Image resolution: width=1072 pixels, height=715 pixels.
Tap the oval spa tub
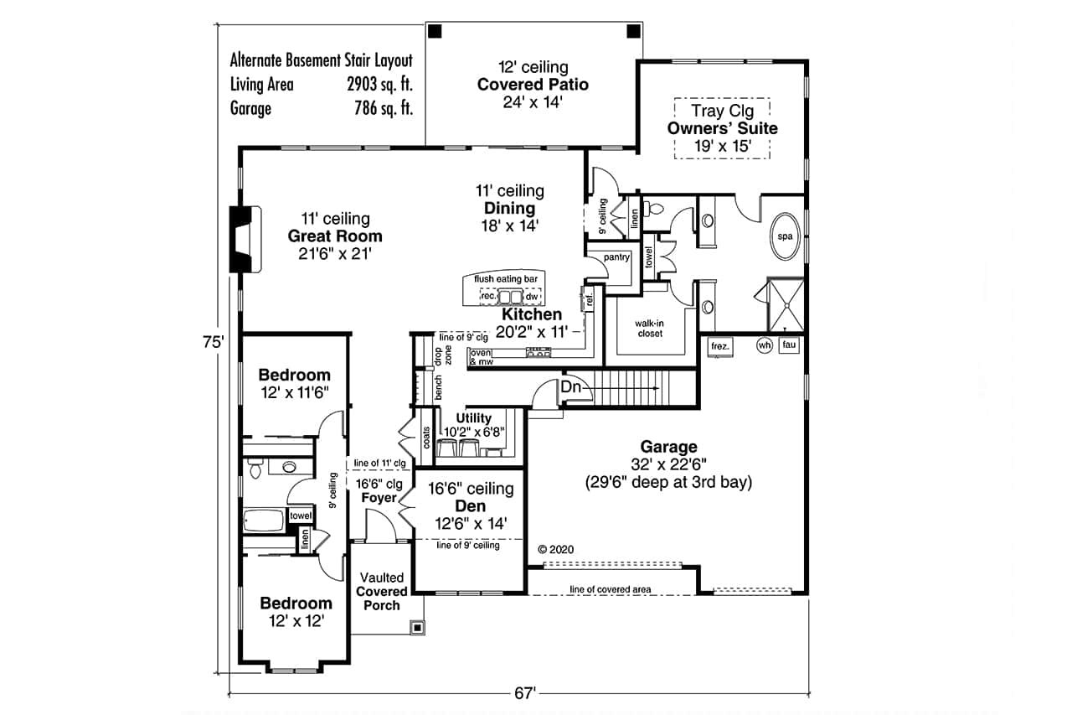tap(785, 236)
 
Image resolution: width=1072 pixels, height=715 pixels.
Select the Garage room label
tap(668, 448)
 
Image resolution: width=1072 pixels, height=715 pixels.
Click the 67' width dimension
tap(524, 693)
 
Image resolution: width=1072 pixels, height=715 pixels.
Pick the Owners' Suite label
tap(722, 128)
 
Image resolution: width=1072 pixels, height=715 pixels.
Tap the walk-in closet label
tap(649, 328)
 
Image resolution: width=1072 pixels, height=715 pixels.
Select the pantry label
tap(616, 258)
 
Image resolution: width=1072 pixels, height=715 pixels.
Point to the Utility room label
tap(474, 418)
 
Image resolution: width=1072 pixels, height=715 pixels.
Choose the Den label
tap(472, 506)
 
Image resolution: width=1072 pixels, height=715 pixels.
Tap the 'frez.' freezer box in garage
tap(719, 345)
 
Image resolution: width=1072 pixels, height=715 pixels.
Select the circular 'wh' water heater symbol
tap(764, 345)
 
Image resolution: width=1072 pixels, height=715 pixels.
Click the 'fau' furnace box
tap(788, 345)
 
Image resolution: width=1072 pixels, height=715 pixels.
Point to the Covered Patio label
tap(533, 85)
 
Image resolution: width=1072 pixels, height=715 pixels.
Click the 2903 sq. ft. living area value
tap(380, 85)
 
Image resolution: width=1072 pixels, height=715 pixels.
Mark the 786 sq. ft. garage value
tap(384, 108)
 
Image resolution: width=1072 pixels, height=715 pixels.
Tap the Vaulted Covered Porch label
tap(382, 591)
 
